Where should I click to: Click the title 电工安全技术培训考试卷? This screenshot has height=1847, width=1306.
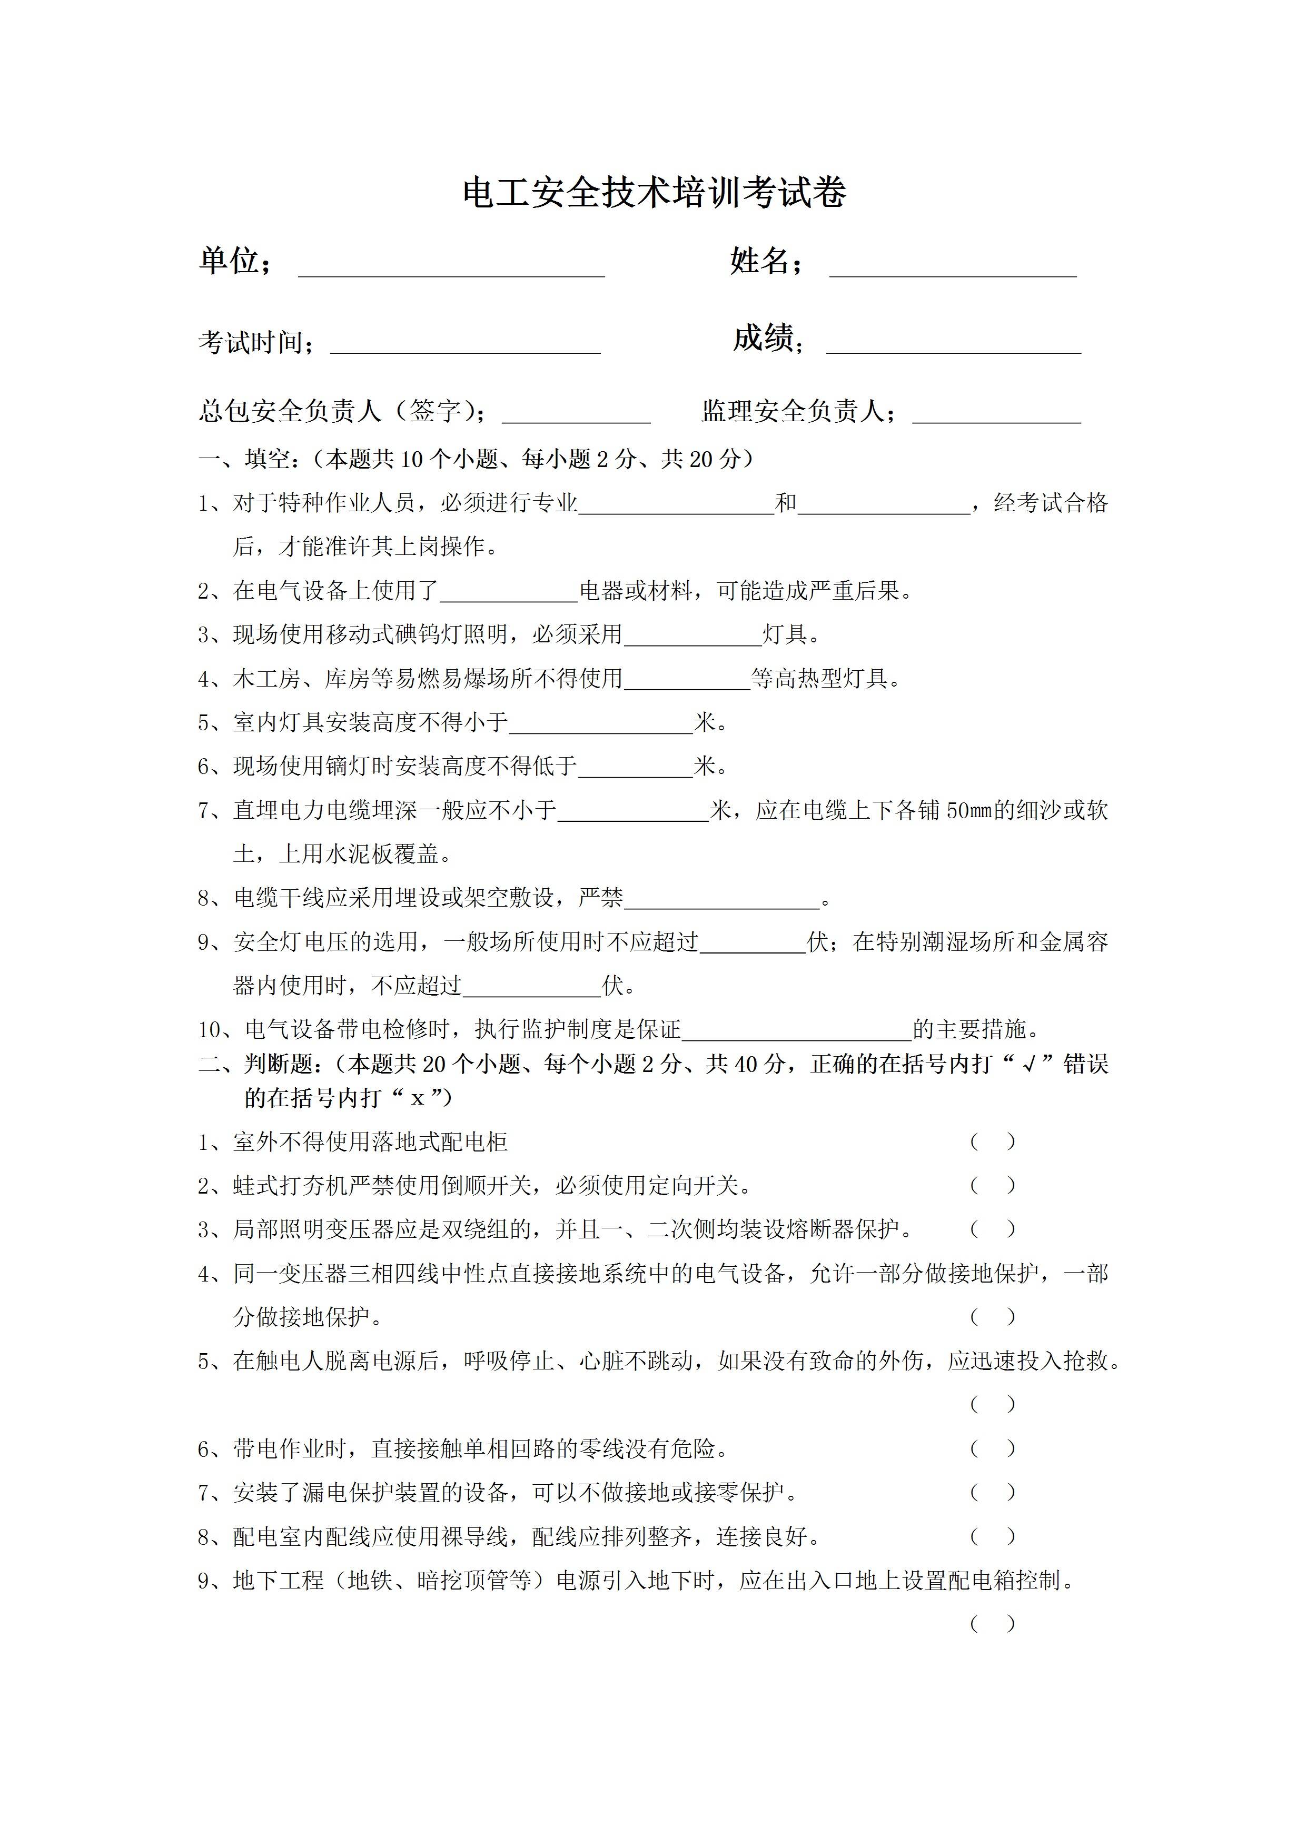tap(654, 193)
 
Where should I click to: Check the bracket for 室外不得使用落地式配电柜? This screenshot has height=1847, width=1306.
tap(992, 1141)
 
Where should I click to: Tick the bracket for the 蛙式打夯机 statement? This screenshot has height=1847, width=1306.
tap(992, 1185)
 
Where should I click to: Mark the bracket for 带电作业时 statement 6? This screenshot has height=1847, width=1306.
tap(992, 1449)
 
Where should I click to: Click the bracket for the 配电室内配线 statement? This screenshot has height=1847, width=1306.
tap(992, 1536)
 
